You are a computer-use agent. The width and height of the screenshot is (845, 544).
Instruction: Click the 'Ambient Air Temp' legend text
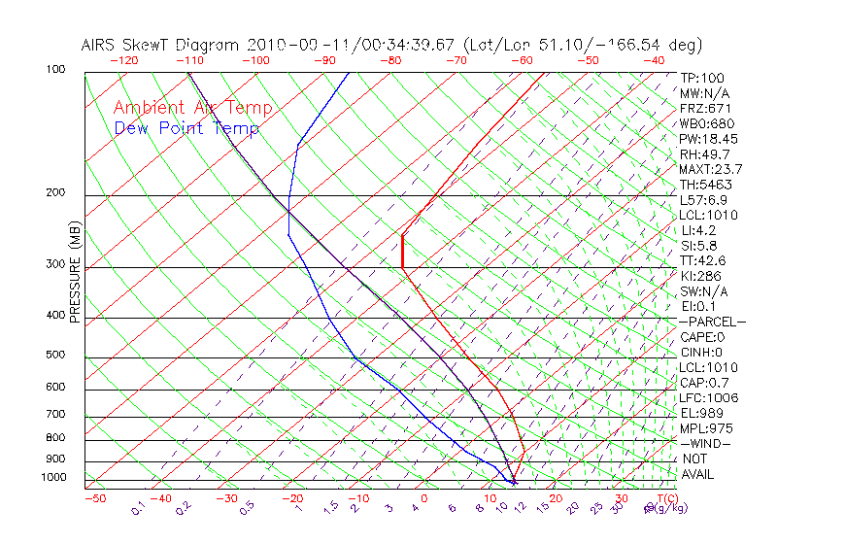click(193, 108)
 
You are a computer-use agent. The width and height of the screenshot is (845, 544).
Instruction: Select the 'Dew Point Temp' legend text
click(186, 128)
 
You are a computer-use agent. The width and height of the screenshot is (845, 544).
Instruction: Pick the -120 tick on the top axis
click(123, 59)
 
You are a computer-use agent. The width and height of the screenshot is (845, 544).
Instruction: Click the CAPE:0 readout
click(702, 337)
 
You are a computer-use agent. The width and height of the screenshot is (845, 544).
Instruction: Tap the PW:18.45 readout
click(708, 139)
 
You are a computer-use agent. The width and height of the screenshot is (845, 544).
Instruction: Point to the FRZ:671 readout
click(705, 108)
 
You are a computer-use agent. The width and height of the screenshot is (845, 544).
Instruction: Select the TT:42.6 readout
click(702, 260)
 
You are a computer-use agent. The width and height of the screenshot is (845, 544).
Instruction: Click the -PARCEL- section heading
click(712, 322)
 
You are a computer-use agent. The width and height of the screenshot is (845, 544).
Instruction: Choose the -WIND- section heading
click(706, 443)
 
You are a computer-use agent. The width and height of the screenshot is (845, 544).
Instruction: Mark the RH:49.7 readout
click(704, 154)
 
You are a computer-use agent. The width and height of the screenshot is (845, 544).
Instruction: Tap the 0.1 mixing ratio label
click(137, 508)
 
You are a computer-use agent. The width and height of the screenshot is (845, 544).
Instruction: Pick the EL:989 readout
click(702, 413)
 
